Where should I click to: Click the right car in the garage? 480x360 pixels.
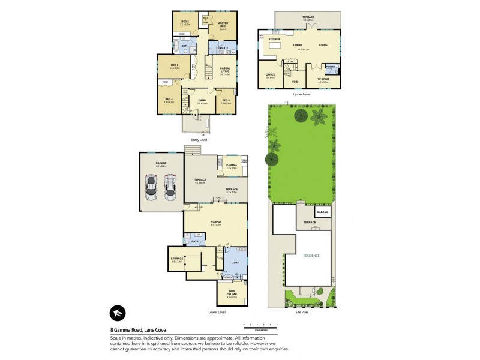pos(169,190)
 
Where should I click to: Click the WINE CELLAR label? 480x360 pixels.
pos(230,295)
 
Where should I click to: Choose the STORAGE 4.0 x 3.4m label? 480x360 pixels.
pos(177,259)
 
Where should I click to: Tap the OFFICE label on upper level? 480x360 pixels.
pos(270,75)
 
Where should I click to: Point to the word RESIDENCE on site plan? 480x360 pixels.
pos(310,256)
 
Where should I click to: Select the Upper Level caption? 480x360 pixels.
pos(301,94)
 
